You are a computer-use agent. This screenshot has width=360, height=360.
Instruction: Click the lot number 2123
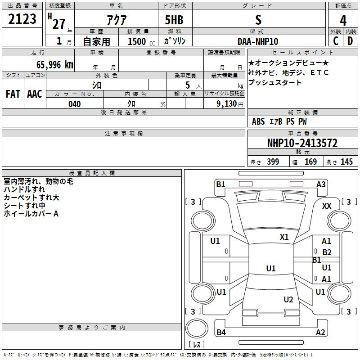coord(22,19)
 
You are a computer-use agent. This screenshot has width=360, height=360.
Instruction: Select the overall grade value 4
coord(343,21)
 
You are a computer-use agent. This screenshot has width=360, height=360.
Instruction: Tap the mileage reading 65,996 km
coord(55,65)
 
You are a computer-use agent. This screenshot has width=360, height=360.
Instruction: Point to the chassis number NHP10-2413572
coord(302,143)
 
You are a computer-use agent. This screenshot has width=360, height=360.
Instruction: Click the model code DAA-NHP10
coord(258,41)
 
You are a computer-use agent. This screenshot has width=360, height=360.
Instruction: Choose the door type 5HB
coord(174,20)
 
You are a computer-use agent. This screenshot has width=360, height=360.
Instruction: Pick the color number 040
coord(75,104)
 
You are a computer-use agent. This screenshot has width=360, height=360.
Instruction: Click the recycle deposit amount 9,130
coord(227,104)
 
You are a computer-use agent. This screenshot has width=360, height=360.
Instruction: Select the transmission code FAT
coord(13,94)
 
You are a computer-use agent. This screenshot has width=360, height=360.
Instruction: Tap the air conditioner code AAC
coord(35,94)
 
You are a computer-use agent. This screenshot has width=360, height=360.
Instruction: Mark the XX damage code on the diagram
coord(327,206)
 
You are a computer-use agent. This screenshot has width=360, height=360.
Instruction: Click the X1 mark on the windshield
coord(284,237)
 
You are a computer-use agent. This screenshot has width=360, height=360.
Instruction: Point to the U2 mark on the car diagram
coord(288,299)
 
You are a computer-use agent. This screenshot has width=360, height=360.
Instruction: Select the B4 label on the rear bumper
coord(221,332)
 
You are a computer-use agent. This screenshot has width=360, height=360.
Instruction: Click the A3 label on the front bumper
coord(321,184)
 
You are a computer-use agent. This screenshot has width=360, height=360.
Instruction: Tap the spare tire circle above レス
coord(197,328)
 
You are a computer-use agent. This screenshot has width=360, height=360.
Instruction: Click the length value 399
coord(273,162)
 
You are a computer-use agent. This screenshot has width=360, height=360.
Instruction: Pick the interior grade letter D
coord(350,41)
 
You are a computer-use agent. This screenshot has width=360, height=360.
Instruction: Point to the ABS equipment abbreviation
coord(258,121)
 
